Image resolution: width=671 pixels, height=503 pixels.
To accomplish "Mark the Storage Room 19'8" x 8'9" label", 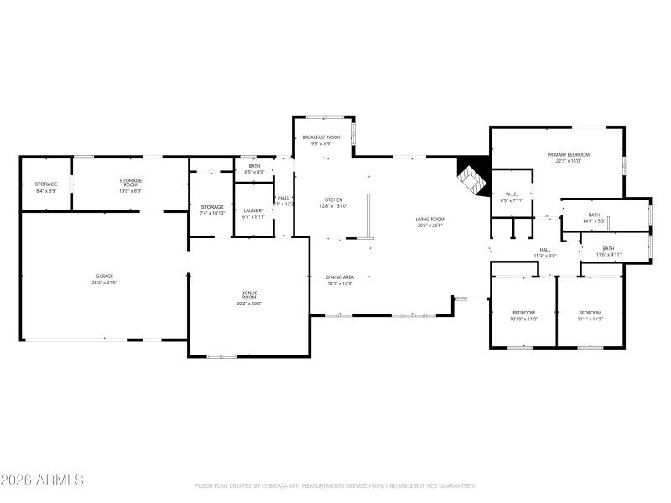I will pos(131,183).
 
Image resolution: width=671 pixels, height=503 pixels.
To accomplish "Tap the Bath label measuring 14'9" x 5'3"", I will pos(594,217).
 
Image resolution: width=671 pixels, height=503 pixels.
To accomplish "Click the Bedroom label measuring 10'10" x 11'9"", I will pos(524,315).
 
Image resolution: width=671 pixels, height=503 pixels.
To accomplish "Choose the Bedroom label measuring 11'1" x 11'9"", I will pos(590,315).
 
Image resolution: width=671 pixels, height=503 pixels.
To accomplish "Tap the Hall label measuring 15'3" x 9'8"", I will pos(545,252).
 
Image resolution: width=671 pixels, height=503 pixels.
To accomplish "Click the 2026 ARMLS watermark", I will pos(42,480).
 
